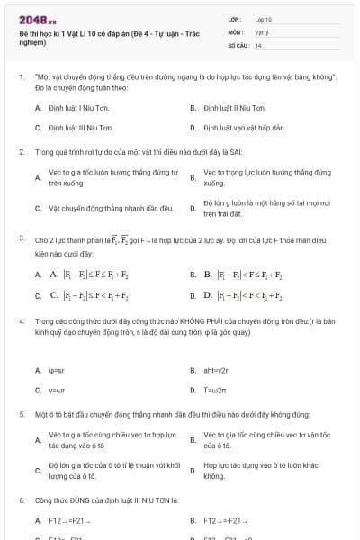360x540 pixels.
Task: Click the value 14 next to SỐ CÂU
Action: (259, 44)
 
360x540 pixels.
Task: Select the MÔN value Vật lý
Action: (263, 31)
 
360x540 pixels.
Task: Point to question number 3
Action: (21, 238)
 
